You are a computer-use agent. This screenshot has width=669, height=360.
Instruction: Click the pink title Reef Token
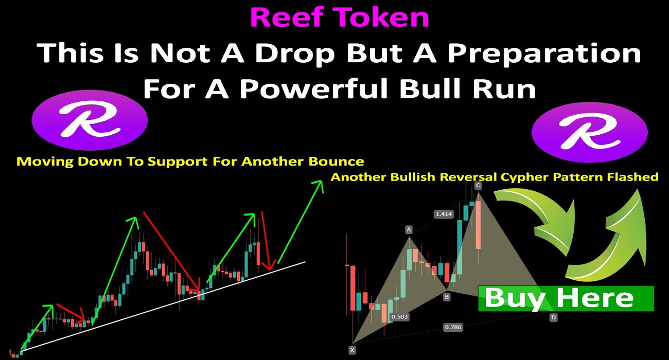coord(340,17)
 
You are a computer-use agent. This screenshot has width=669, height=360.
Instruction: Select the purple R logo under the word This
coord(90,120)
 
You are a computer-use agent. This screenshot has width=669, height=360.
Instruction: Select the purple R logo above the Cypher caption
coord(590,132)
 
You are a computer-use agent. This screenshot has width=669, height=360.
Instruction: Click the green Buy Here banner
coord(566,298)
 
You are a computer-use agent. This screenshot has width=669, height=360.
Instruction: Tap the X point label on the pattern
coord(353,350)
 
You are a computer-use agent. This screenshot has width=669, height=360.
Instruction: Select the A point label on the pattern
coord(409,229)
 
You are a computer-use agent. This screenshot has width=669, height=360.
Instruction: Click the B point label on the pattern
coord(447,297)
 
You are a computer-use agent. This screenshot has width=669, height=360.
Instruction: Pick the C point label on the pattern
coord(478,186)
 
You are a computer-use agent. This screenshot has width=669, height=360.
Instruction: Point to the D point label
coord(553,317)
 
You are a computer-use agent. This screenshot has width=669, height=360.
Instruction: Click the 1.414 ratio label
coord(444,214)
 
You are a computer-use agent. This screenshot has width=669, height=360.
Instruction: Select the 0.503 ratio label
coord(399,317)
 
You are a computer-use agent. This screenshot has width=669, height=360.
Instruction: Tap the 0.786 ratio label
coord(453,327)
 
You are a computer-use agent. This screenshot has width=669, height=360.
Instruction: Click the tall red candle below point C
coord(478,225)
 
